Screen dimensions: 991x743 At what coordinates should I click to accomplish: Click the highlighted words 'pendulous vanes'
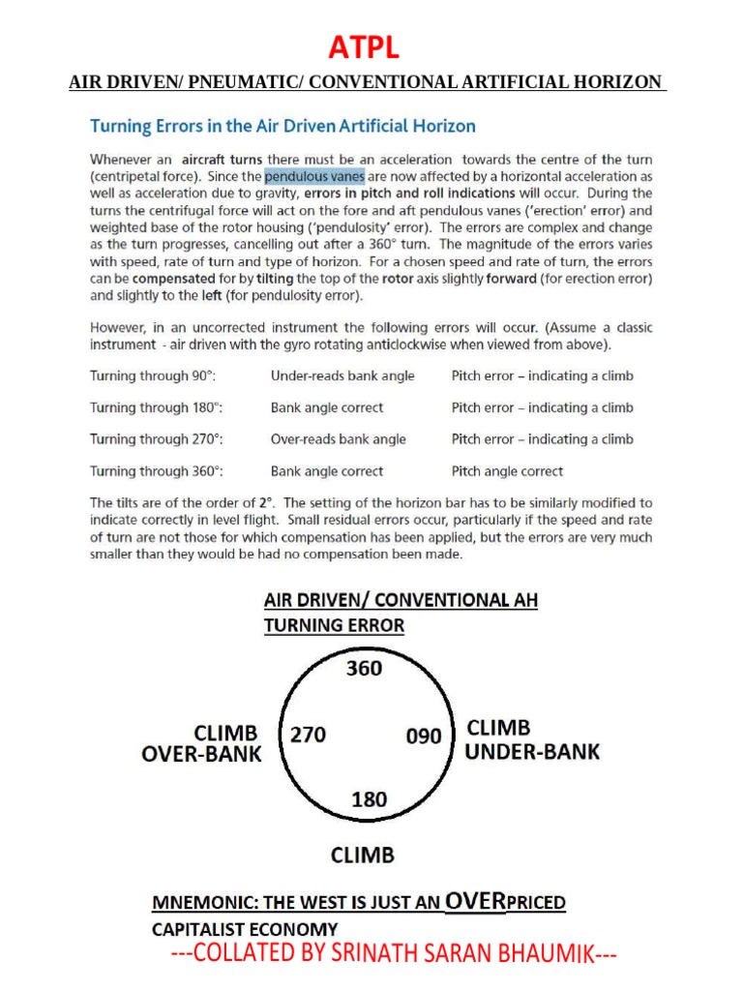[x=314, y=176]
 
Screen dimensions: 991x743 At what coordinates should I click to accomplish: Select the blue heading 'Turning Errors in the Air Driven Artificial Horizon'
[x=282, y=126]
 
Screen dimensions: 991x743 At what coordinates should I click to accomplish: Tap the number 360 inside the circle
[x=364, y=669]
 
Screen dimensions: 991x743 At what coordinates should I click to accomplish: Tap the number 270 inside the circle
[x=308, y=736]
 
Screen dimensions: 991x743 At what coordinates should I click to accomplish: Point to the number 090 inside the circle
[x=424, y=736]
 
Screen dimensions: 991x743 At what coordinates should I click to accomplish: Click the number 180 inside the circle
[x=369, y=799]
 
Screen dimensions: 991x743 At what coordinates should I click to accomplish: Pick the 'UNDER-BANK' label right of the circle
[x=532, y=751]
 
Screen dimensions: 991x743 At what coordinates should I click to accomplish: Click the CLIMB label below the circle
[x=363, y=856]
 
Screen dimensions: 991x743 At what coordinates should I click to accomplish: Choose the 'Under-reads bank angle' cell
[x=342, y=375]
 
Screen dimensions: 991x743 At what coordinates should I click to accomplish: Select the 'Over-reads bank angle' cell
[x=338, y=439]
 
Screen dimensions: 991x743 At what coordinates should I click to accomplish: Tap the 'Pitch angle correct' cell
[x=507, y=471]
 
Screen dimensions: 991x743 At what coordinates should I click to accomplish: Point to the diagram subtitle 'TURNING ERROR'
[x=334, y=626]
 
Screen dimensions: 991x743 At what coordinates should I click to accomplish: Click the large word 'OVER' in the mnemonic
[x=475, y=902]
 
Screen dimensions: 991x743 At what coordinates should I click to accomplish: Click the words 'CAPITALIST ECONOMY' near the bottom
[x=245, y=929]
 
